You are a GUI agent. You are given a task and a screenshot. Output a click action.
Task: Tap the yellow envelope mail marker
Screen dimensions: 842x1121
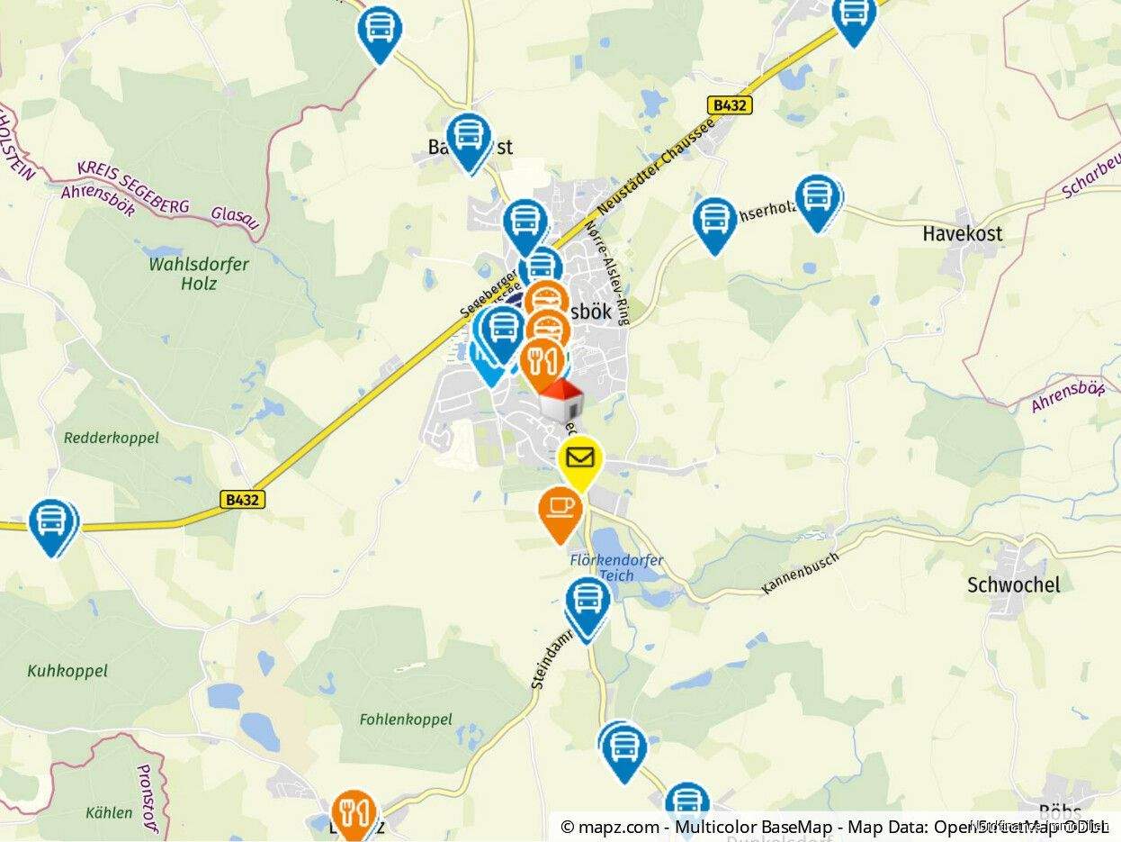coord(580,458)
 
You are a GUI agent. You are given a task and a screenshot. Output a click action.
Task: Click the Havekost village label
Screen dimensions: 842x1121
coord(962,234)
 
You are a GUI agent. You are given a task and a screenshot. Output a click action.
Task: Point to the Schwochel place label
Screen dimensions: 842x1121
coord(1013,584)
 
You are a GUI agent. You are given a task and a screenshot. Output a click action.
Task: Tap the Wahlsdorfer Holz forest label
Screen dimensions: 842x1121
coord(198,274)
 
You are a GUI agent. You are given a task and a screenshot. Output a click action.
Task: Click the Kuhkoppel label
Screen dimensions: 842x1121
coord(67,671)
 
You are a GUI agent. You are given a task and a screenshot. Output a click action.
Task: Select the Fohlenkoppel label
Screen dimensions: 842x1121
coord(406,720)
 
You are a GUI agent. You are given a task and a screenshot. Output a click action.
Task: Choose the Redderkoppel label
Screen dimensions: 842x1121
coord(112,438)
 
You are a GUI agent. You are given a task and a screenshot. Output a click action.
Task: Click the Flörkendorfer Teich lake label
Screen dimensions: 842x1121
coord(617,566)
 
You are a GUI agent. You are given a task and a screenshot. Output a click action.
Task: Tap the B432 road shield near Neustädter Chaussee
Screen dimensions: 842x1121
coord(729,105)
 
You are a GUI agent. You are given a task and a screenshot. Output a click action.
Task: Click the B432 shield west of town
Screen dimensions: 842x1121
coord(243,498)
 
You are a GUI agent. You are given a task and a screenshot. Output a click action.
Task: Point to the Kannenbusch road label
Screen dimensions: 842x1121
coord(800,573)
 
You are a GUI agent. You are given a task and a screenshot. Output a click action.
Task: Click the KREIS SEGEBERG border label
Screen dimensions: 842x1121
coord(133,187)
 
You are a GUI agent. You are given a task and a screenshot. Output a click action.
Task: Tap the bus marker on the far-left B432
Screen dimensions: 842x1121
coord(52,523)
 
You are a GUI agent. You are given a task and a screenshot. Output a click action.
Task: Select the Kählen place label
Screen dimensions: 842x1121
coord(109,812)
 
